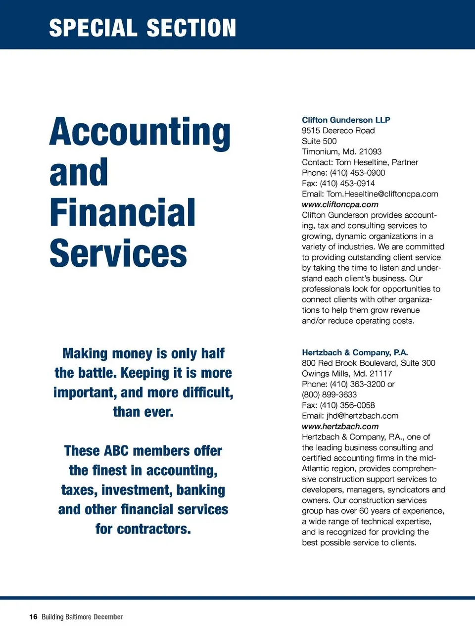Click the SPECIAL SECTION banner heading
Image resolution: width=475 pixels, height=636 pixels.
tap(142, 28)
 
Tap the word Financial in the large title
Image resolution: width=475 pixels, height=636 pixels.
tap(122, 213)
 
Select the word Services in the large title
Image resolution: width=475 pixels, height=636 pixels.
tap(118, 253)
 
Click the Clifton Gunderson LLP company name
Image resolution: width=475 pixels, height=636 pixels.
tap(346, 120)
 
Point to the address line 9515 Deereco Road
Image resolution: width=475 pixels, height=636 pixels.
tap(338, 131)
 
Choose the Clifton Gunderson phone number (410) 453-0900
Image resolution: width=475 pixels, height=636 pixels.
tap(357, 173)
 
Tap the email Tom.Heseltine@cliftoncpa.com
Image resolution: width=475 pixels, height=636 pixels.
tap(382, 194)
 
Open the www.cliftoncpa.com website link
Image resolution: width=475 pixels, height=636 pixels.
tap(340, 204)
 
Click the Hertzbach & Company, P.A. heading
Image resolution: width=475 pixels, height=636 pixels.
tap(355, 352)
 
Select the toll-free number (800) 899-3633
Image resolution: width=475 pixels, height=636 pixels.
tap(329, 394)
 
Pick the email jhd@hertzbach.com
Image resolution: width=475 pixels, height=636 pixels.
tap(362, 416)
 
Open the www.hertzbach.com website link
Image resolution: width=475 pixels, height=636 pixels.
tap(340, 426)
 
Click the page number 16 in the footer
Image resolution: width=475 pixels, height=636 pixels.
tap(33, 617)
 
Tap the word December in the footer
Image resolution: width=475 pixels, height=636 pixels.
tap(108, 617)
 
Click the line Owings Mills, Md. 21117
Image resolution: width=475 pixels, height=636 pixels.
tap(347, 374)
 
